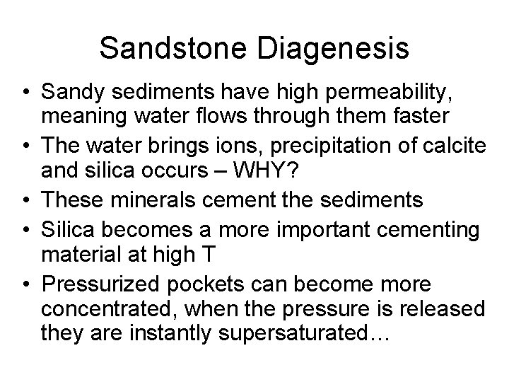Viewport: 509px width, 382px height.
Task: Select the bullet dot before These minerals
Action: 26,200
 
